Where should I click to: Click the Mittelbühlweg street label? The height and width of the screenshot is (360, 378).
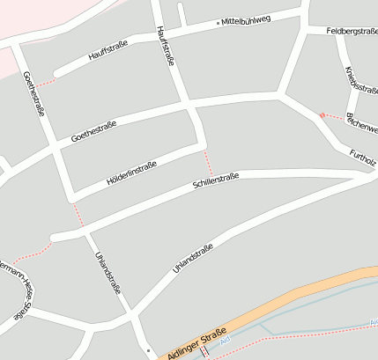(246, 20)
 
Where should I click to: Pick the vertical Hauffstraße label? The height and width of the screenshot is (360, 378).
(165, 46)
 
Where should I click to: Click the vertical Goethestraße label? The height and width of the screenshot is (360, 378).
(33, 94)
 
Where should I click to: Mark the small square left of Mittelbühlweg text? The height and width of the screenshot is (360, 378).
(216, 23)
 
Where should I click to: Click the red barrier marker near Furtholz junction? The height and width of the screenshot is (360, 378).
(322, 114)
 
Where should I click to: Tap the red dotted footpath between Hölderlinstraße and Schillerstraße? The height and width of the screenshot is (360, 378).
(208, 163)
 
